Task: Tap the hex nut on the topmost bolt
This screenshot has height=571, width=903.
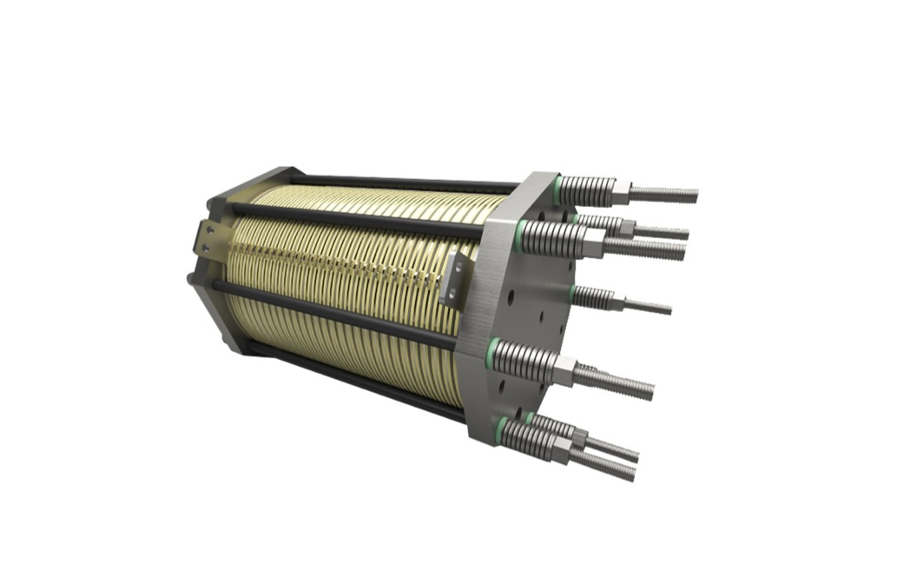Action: (620, 189)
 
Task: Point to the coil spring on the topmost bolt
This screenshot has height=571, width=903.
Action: (587, 188)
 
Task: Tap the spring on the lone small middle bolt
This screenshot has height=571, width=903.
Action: (592, 297)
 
